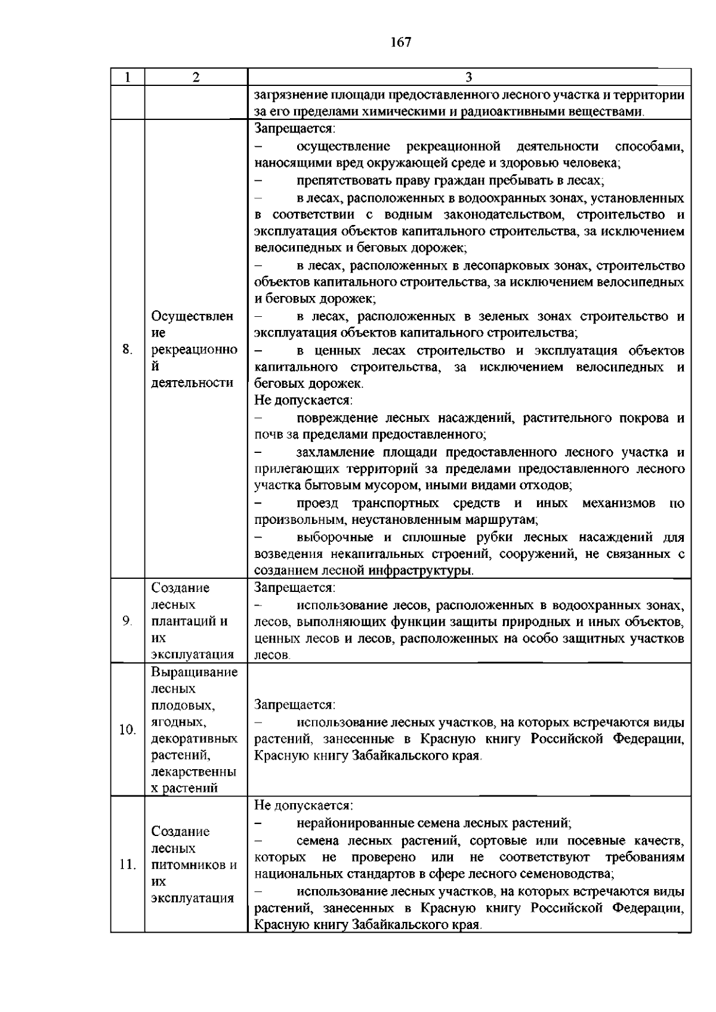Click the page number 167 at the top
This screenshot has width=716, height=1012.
(401, 42)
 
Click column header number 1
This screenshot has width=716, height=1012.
(127, 78)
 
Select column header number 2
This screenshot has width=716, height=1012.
(196, 78)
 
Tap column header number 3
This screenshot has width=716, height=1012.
(469, 78)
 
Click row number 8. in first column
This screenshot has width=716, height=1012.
(127, 350)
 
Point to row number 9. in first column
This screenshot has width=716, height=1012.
(127, 621)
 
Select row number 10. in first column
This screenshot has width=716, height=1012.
(127, 730)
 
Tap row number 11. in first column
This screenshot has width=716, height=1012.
(128, 865)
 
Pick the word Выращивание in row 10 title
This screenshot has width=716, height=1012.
(195, 672)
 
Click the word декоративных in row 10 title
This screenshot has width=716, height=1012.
(195, 739)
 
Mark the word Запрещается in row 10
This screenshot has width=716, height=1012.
(294, 705)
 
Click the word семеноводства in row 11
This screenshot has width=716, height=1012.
(572, 874)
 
